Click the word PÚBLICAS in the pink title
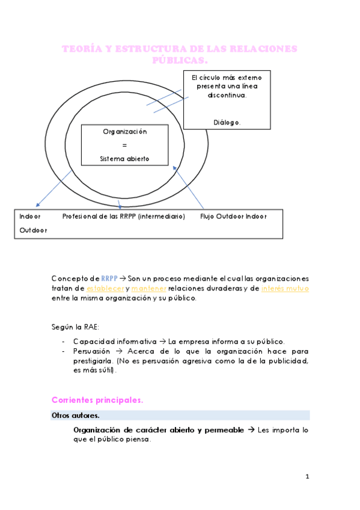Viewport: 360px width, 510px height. (180, 61)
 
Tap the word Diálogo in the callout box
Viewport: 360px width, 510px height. (227, 122)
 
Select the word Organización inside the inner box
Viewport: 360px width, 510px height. (124, 131)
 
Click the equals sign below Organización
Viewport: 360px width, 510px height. (124, 145)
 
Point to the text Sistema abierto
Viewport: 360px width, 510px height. (124, 159)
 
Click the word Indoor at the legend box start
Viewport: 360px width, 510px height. (30, 216)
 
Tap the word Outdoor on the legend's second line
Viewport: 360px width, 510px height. (33, 230)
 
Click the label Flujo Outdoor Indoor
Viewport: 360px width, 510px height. (233, 216)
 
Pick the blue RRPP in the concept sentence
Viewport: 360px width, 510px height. (109, 278)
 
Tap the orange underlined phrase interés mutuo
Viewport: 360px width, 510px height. (285, 289)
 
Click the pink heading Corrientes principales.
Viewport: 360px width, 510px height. (97, 400)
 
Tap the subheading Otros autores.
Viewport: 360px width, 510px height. (76, 415)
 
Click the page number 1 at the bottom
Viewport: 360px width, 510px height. (307, 477)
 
